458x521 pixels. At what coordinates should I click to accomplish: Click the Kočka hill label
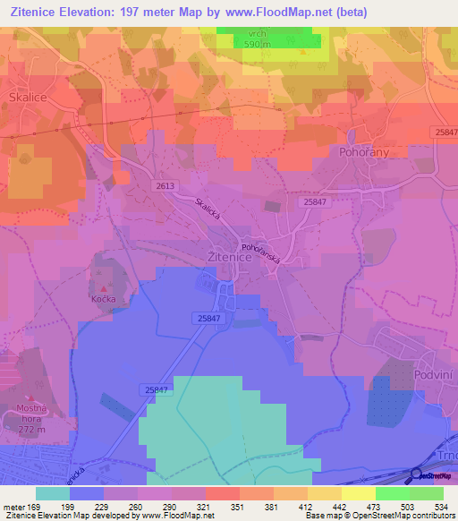pyautogui.click(x=104, y=299)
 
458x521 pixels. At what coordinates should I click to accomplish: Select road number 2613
pyautogui.click(x=165, y=185)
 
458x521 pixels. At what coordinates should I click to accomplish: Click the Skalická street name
pyautogui.click(x=209, y=211)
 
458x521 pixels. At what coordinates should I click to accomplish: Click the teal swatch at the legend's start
pyautogui.click(x=53, y=493)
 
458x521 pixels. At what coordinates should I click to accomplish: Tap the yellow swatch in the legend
pyautogui.click(x=358, y=493)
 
